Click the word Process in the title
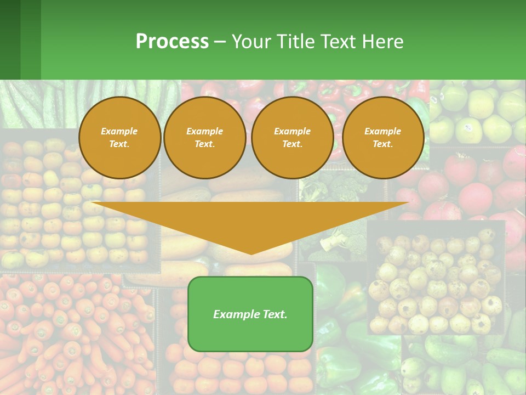pyautogui.click(x=172, y=41)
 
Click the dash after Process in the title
pyautogui.click(x=220, y=42)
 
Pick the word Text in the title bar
pyautogui.click(x=338, y=41)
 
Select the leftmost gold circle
pyautogui.click(x=119, y=138)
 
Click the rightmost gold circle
pyautogui.click(x=383, y=138)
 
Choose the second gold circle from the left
pyautogui.click(x=205, y=138)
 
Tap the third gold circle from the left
pyautogui.click(x=293, y=138)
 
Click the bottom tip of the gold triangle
pyautogui.click(x=251, y=253)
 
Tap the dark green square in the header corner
pyautogui.click(x=10, y=39)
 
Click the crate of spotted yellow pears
pyautogui.click(x=436, y=280)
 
